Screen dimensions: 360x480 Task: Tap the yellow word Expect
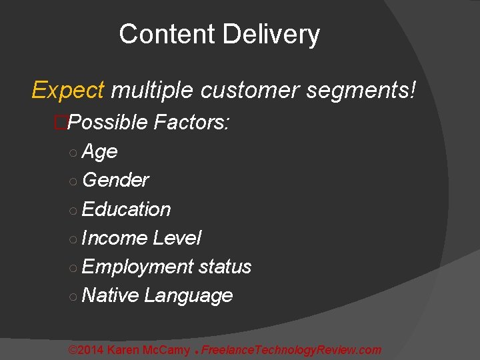click(x=68, y=90)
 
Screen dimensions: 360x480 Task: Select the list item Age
click(x=100, y=152)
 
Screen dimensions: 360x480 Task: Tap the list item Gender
click(x=115, y=180)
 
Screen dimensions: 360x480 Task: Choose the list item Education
click(x=127, y=209)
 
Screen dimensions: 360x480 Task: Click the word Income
click(x=115, y=238)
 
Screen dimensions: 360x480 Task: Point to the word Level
click(x=177, y=238)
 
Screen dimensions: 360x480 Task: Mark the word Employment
click(x=137, y=267)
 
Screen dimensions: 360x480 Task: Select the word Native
click(x=111, y=295)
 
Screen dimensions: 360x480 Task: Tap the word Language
click(x=189, y=295)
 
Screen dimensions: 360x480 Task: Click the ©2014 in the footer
click(x=86, y=350)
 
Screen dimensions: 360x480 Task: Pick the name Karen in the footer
click(x=123, y=350)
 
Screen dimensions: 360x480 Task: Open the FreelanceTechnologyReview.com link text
click(x=291, y=350)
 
